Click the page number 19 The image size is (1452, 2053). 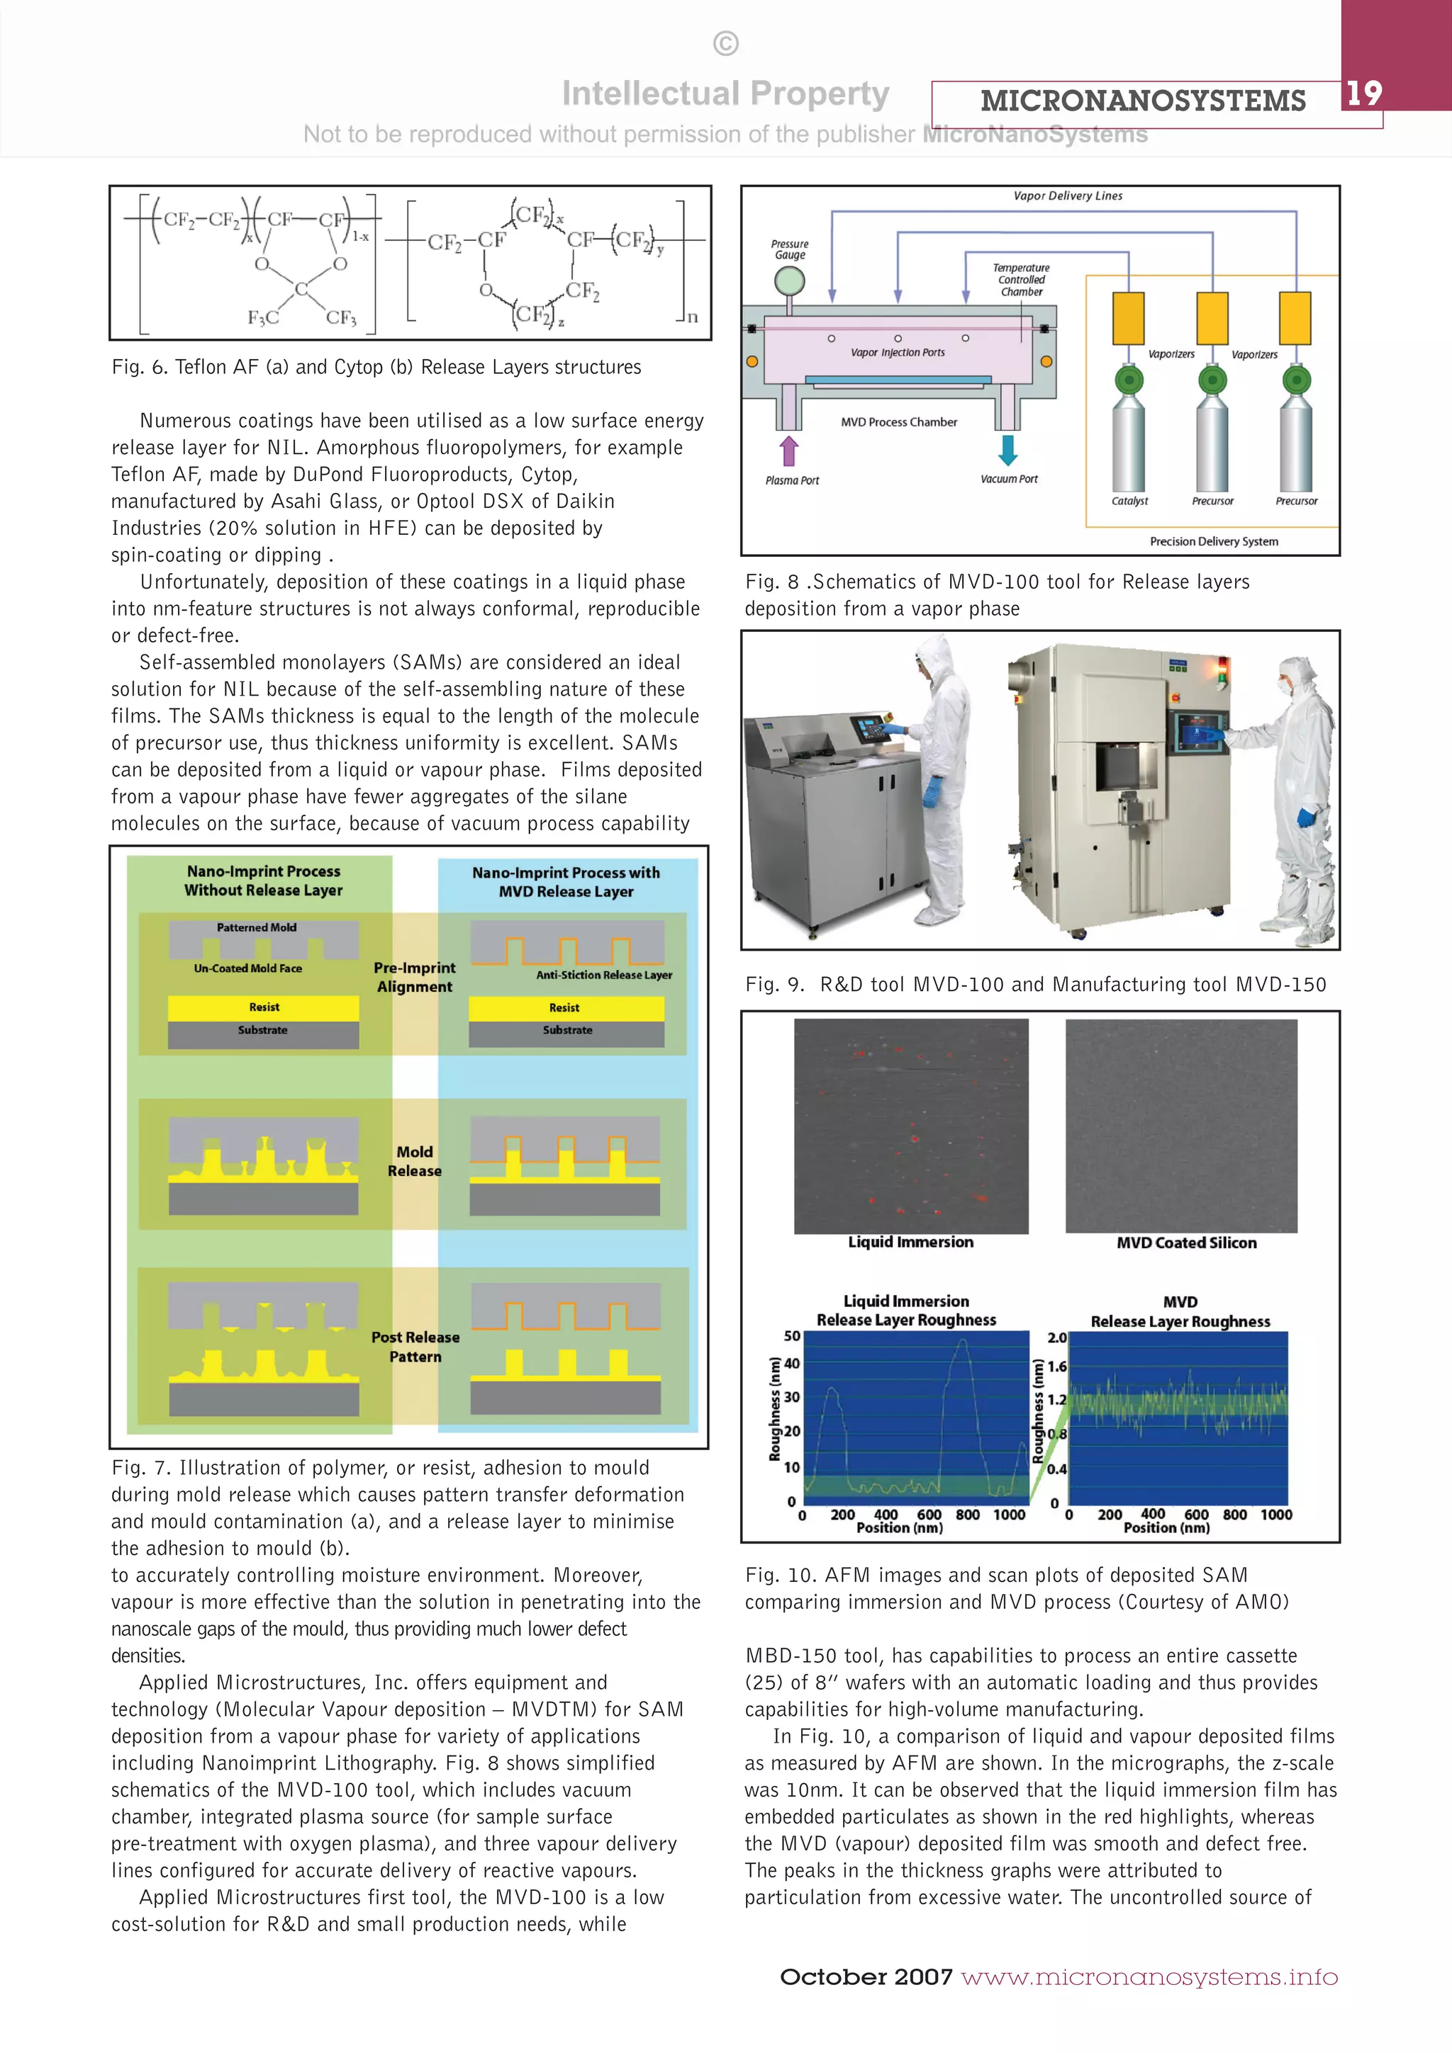(x=1363, y=93)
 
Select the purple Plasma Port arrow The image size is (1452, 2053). (x=788, y=451)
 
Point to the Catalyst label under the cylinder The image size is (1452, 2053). (x=1129, y=501)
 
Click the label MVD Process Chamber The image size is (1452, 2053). (x=898, y=422)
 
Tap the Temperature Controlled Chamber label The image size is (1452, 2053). (x=1021, y=280)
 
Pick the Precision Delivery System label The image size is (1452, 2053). (x=1213, y=541)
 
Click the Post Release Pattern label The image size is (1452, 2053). (x=415, y=1347)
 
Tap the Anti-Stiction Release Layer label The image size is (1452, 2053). (x=604, y=975)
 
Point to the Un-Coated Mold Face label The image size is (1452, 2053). (x=248, y=968)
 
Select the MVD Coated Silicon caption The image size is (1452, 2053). (x=1186, y=1243)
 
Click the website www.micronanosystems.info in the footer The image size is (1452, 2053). (x=1149, y=1977)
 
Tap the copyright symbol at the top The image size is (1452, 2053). (x=725, y=44)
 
